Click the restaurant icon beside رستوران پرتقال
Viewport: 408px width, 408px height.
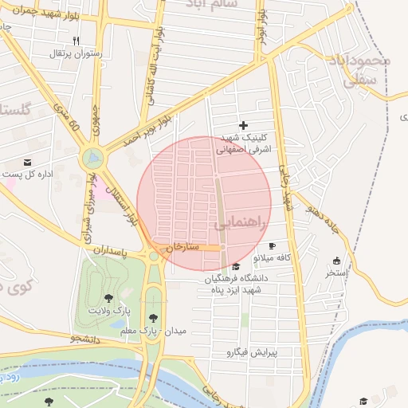(76, 40)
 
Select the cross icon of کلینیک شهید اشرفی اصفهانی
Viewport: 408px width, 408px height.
(243, 125)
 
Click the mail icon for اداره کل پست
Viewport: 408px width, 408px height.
(28, 162)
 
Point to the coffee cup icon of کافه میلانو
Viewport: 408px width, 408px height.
(273, 246)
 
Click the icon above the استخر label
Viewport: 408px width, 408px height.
(336, 261)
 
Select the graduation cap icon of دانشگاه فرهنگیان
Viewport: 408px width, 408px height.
(235, 266)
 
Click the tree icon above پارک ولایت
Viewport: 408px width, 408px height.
(108, 297)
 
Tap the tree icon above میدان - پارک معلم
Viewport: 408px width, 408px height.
(153, 317)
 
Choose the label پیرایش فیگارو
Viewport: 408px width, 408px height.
(250, 351)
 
